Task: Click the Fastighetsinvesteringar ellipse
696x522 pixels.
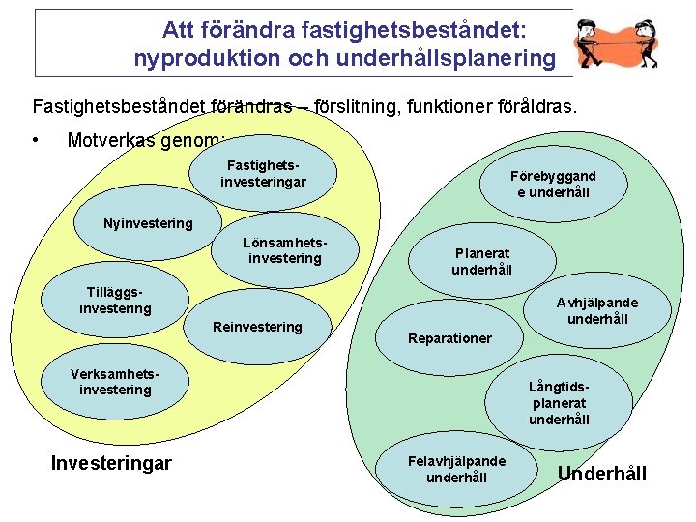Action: pyautogui.click(x=263, y=174)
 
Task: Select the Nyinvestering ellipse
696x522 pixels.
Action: pyautogui.click(x=148, y=223)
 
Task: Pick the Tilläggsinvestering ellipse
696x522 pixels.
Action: pyautogui.click(x=115, y=301)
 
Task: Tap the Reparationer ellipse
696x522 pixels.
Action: pyautogui.click(x=449, y=337)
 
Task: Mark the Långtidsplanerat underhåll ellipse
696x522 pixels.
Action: pyautogui.click(x=559, y=403)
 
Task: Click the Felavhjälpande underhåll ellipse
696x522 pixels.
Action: pyautogui.click(x=457, y=470)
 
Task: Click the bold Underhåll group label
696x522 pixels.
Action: pyautogui.click(x=602, y=474)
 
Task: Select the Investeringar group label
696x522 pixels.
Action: pyautogui.click(x=111, y=463)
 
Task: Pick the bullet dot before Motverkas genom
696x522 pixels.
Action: pyautogui.click(x=36, y=140)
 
